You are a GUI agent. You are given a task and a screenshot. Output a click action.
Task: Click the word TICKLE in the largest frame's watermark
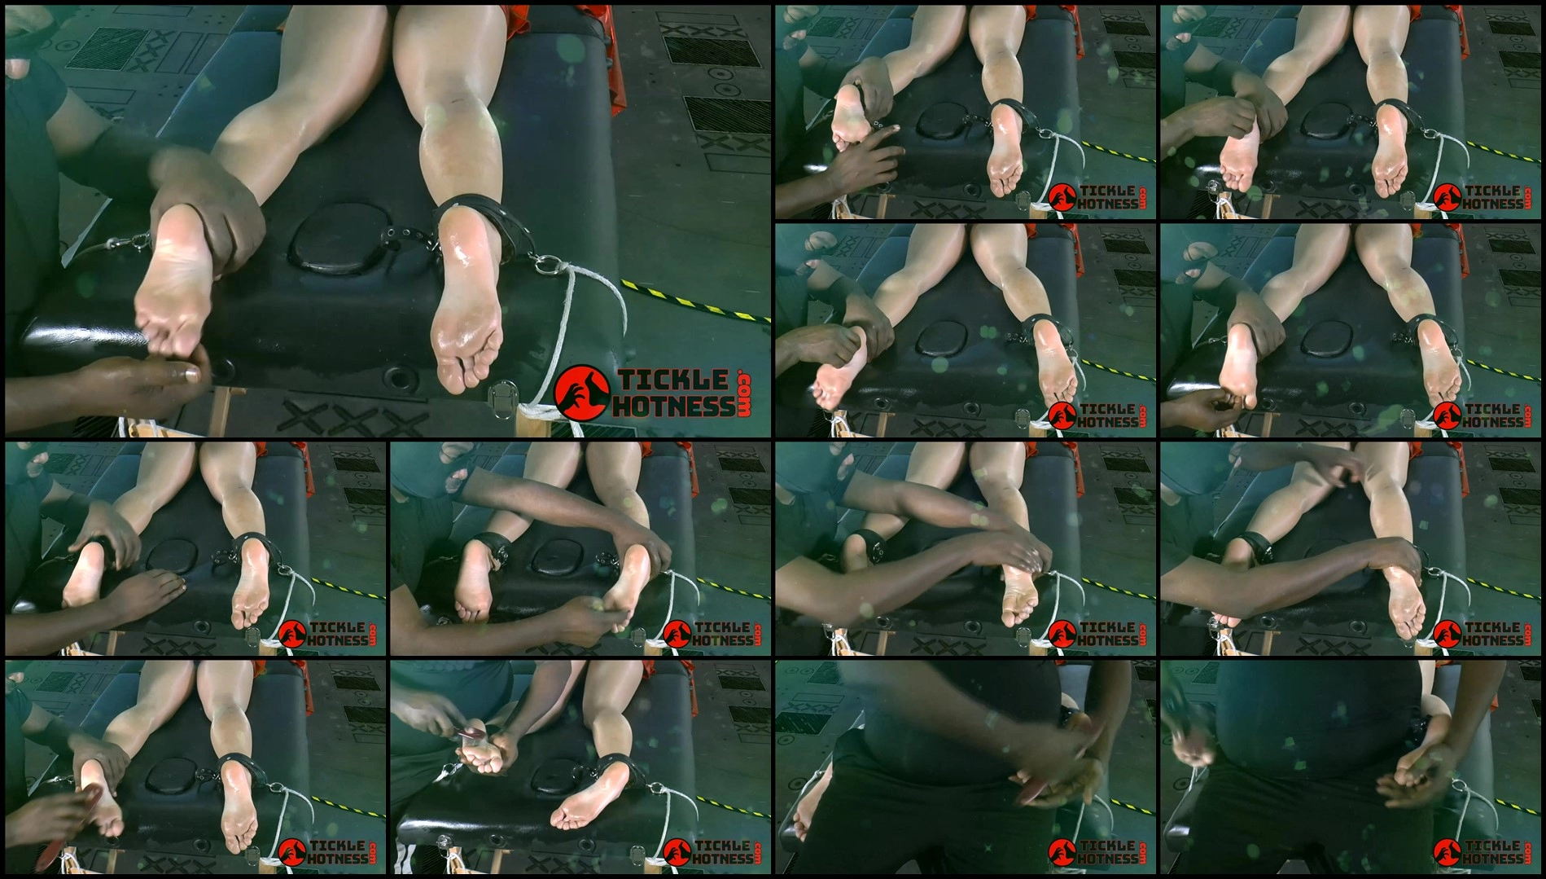[x=673, y=380]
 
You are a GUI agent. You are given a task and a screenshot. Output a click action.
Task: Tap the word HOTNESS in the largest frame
[x=673, y=406]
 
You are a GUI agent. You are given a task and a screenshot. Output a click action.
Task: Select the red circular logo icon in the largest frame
[x=582, y=393]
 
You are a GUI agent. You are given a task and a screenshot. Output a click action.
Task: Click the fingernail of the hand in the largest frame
[x=191, y=375]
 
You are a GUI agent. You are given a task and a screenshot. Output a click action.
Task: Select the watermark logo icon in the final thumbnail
[x=1447, y=851]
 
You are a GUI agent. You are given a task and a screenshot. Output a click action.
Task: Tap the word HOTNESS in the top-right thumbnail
[x=1493, y=204]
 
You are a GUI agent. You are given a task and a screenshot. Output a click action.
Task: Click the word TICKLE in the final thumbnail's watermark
[x=1492, y=845]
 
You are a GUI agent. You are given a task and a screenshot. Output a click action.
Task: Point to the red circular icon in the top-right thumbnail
[x=1447, y=197]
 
